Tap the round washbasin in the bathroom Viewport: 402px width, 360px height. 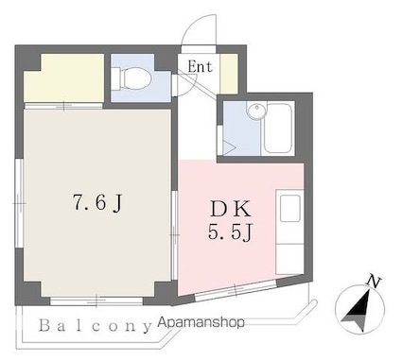click(257, 111)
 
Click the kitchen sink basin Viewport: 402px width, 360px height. click(290, 209)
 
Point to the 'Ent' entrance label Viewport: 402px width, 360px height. click(200, 67)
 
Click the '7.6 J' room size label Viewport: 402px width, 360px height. click(97, 203)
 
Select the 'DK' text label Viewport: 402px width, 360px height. click(231, 210)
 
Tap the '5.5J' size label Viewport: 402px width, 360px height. click(231, 233)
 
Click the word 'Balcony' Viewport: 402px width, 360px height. click(96, 326)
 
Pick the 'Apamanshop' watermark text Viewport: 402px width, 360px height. click(201, 322)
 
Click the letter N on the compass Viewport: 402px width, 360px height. click(375, 282)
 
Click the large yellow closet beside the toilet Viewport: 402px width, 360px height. click(64, 77)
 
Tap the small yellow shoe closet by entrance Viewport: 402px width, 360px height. click(229, 74)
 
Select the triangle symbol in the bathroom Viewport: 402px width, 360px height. click(229, 147)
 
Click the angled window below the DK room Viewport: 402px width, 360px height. click(236, 289)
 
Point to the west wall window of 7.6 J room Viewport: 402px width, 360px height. click(20, 204)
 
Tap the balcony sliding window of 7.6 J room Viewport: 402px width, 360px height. click(96, 301)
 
